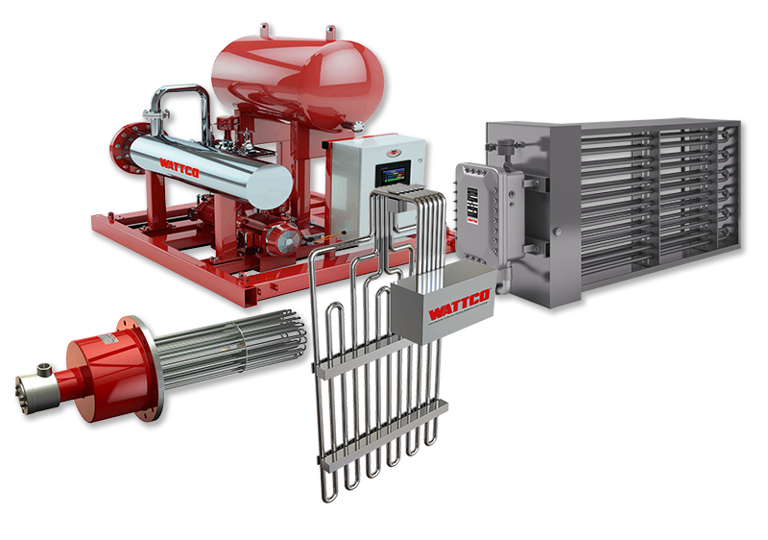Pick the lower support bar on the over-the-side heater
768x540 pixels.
(x=384, y=423)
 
